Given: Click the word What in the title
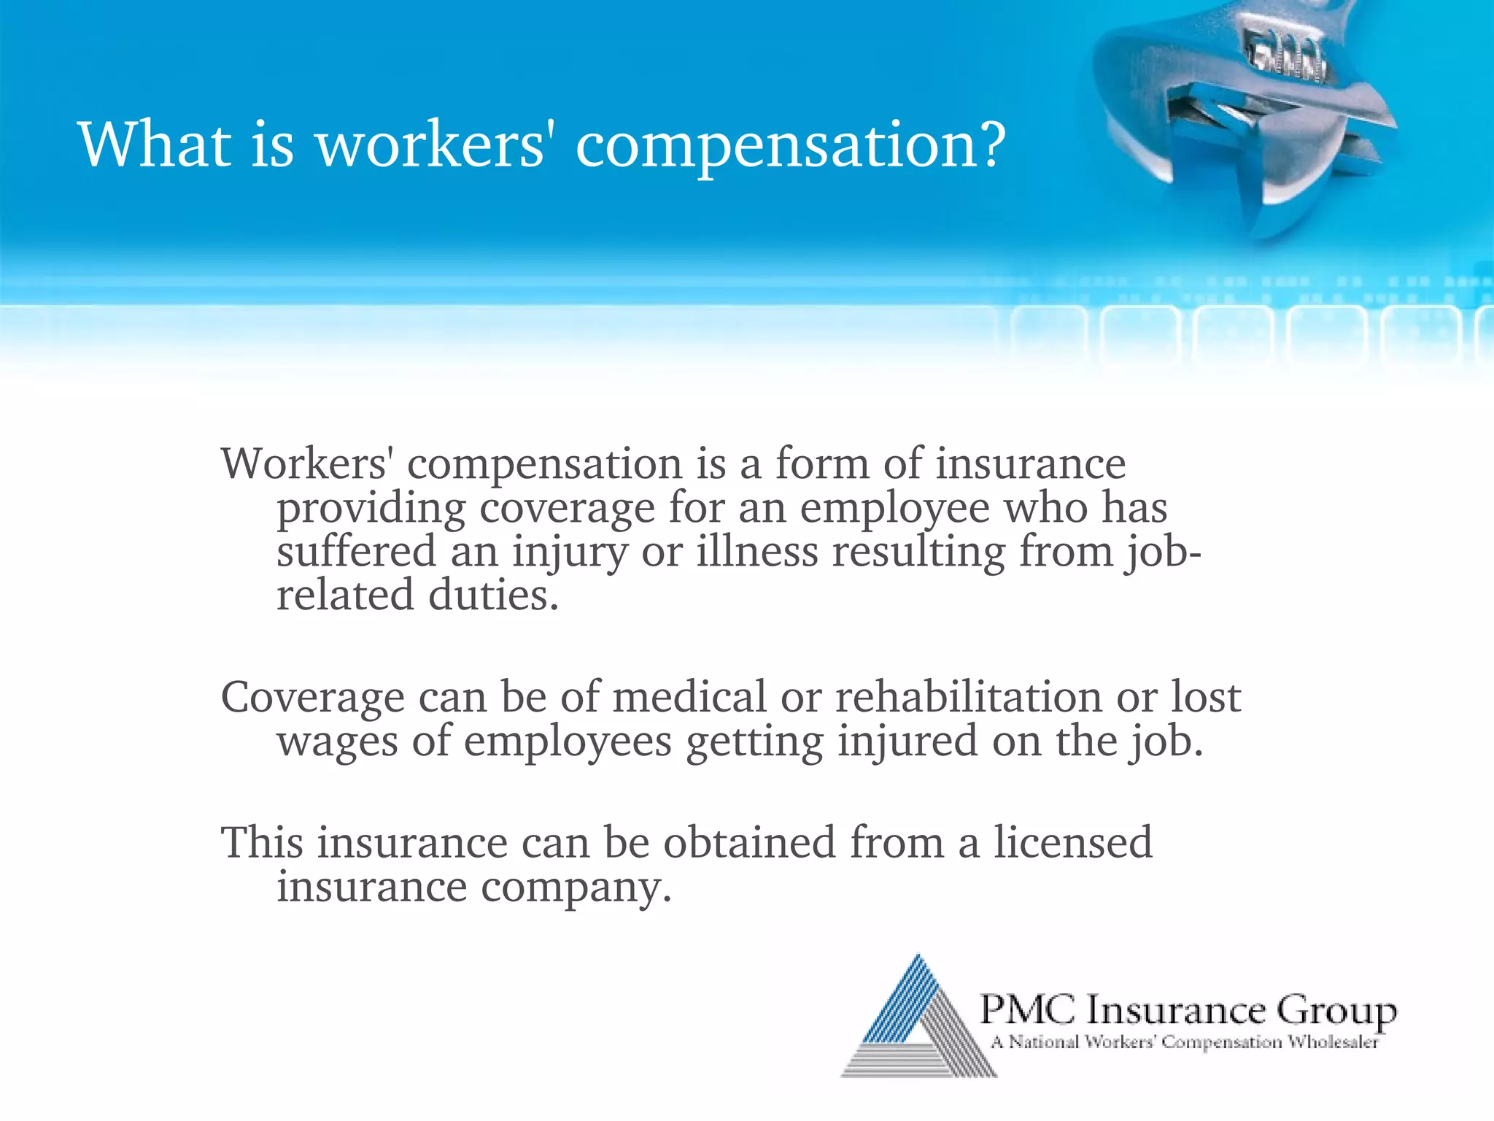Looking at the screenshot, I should pos(154,144).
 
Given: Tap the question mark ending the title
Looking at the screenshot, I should pos(991,144).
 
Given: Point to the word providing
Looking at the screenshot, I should pos(371,509).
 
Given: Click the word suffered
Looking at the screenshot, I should pos(356,551).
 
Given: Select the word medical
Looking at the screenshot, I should pos(689,697).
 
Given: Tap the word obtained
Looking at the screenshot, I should pos(748,843).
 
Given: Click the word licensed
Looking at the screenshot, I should pos(1073,843).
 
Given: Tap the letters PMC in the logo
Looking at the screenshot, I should pos(1027,1010).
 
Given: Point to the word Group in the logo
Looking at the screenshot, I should pos(1336,1012).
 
